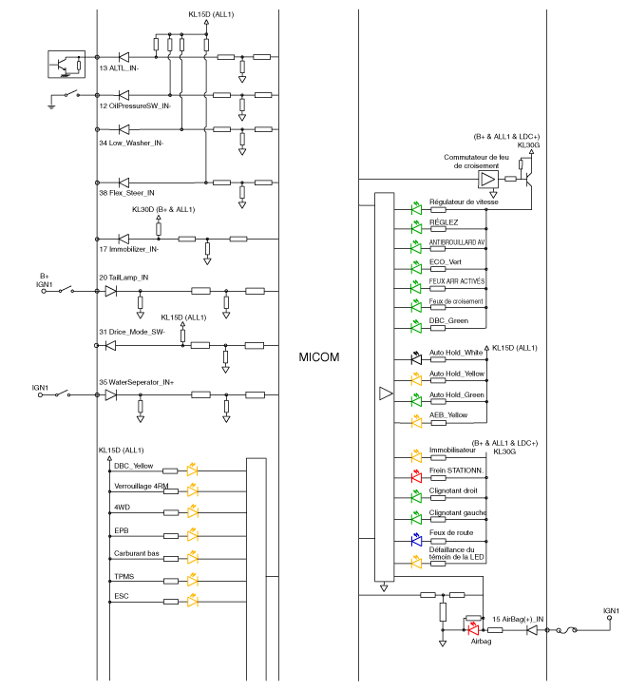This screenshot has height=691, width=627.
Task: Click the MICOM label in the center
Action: (x=319, y=357)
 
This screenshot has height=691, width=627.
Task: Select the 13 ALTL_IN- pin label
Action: (x=119, y=68)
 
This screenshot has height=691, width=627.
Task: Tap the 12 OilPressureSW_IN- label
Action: (x=135, y=106)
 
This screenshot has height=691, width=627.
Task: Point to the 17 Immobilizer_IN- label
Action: (x=128, y=249)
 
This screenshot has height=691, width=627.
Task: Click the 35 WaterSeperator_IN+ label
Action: (x=136, y=382)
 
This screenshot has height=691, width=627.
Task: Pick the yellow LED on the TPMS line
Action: (x=193, y=579)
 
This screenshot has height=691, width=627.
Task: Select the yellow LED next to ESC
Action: (x=193, y=601)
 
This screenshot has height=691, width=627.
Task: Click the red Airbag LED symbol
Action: (x=473, y=627)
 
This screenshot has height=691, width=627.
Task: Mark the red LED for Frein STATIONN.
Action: (x=416, y=476)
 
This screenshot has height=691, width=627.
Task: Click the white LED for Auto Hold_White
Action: (x=416, y=359)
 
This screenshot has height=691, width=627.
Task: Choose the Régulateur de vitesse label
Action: (x=464, y=202)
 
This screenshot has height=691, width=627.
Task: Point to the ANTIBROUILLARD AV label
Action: (x=457, y=241)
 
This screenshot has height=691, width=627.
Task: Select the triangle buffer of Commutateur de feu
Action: (x=487, y=179)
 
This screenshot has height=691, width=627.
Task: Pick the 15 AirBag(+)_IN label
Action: (x=518, y=619)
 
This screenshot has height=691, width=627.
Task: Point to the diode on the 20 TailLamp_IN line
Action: (x=110, y=291)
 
